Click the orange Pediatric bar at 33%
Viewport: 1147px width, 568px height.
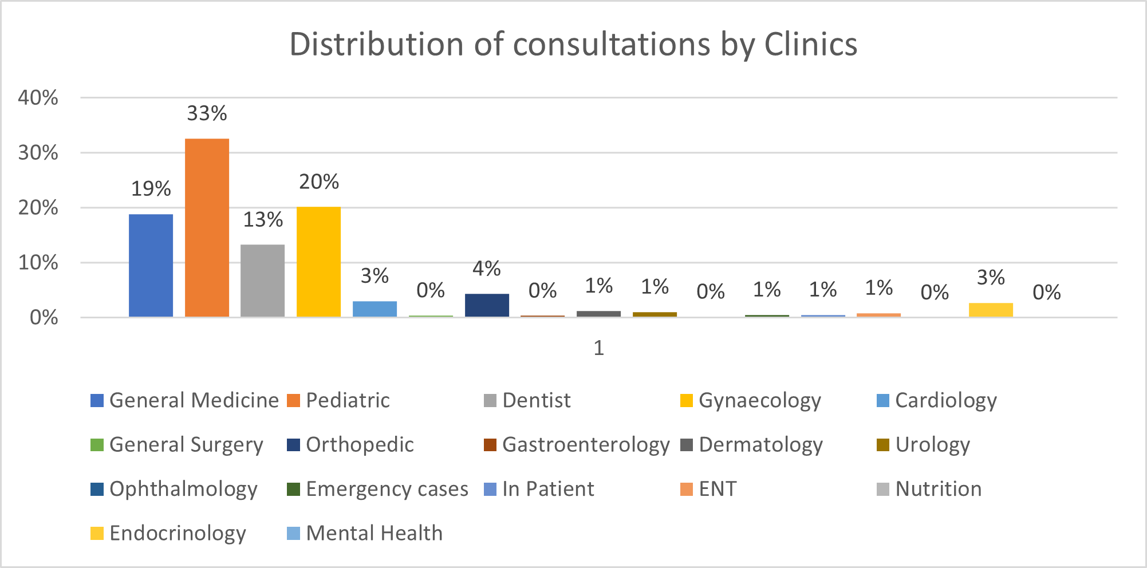pyautogui.click(x=207, y=227)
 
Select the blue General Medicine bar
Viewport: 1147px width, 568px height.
pyautogui.click(x=151, y=265)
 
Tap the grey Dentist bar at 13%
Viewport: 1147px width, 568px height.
pyautogui.click(x=262, y=281)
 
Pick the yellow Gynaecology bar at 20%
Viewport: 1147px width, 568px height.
pyautogui.click(x=318, y=262)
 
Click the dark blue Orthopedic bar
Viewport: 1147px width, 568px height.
pyautogui.click(x=487, y=305)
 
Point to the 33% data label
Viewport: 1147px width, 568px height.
pyautogui.click(x=207, y=113)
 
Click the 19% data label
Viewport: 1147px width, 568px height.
pyautogui.click(x=151, y=189)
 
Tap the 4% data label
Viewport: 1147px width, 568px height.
pyautogui.click(x=487, y=269)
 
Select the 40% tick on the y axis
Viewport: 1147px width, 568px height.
pyautogui.click(x=38, y=98)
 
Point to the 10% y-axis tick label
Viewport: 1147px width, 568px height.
pyautogui.click(x=38, y=263)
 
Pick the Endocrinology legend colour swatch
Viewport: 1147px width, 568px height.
pyautogui.click(x=97, y=534)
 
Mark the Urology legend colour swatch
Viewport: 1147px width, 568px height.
pyautogui.click(x=883, y=445)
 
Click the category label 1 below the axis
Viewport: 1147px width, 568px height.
pyautogui.click(x=598, y=348)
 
